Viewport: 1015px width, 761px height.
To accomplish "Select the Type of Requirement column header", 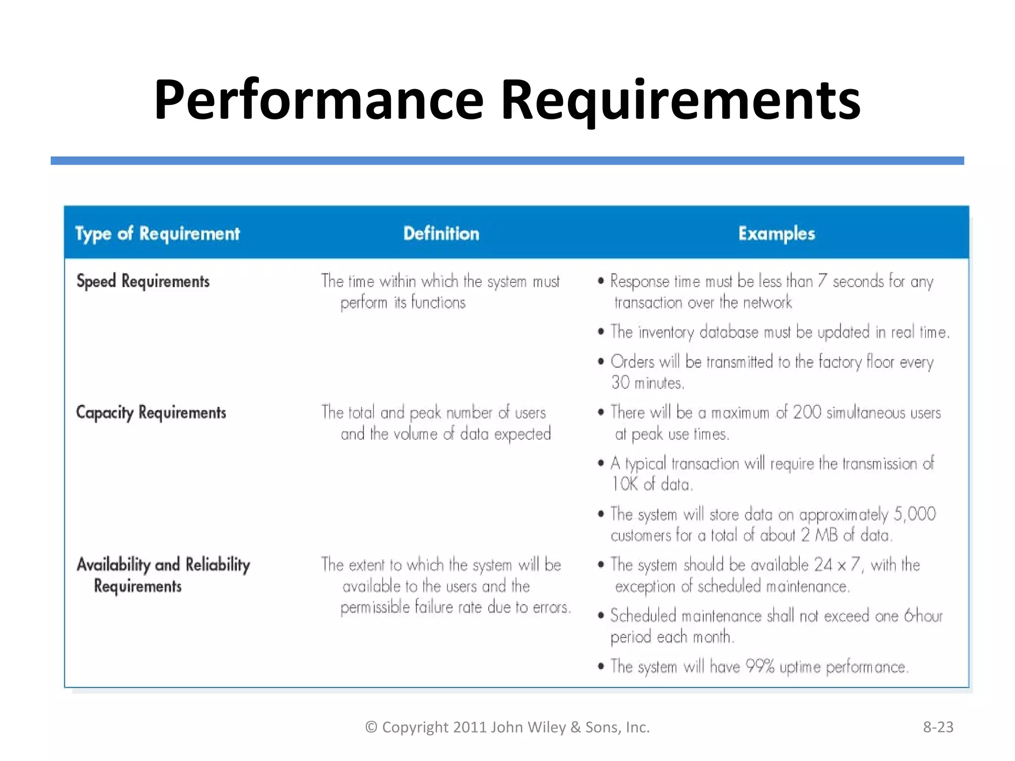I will pos(157,233).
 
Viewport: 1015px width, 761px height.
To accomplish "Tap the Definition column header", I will pos(441,233).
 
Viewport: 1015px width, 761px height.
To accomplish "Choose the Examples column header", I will pos(776,233).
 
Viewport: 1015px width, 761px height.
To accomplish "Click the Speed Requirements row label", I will pos(143,281).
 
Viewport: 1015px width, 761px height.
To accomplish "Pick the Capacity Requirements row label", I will pos(151,412).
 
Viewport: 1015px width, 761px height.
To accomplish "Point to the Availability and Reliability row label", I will pos(163,565).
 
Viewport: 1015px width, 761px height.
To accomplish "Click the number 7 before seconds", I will pos(822,281).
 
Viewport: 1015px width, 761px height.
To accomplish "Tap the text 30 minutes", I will pos(647,383).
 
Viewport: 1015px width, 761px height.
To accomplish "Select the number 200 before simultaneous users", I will pos(807,412).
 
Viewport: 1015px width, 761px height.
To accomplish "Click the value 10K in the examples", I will pos(624,484).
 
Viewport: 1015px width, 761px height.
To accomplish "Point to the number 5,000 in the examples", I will pos(914,514).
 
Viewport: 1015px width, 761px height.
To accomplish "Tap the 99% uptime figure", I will pos(760,667).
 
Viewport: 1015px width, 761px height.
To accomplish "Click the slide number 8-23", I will pos(938,727).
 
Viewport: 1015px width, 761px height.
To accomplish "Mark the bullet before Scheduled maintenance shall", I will pos(601,616).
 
